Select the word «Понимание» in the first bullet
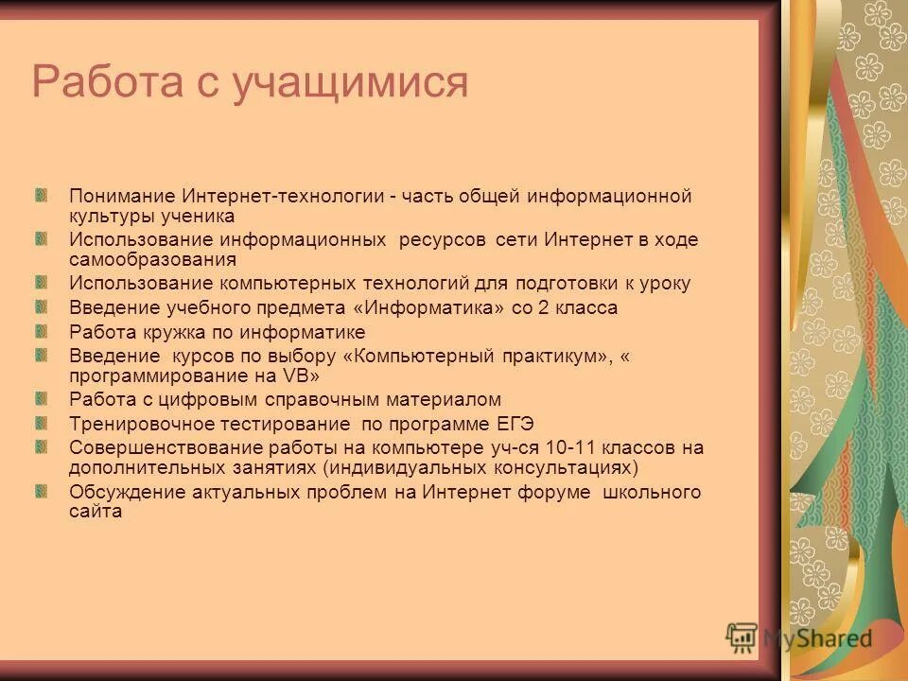(120, 197)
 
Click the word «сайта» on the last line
(96, 512)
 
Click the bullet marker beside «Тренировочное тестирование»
(41, 421)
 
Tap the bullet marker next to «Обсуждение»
(41, 489)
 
